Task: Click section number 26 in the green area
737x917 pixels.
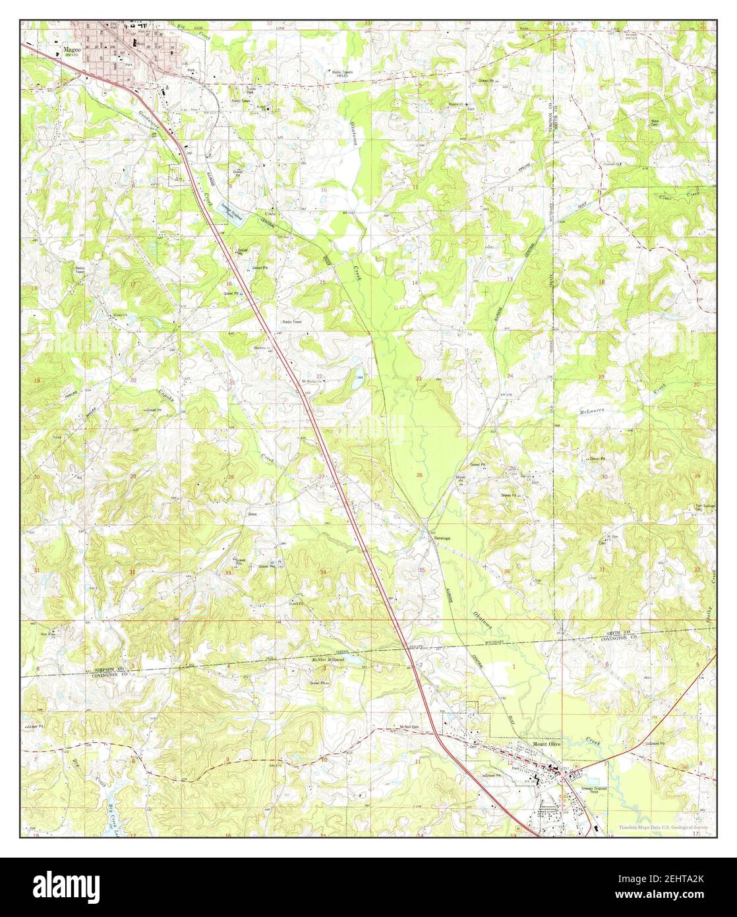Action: (419, 475)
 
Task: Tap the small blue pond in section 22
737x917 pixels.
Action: (356, 381)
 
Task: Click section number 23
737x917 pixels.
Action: (419, 379)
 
